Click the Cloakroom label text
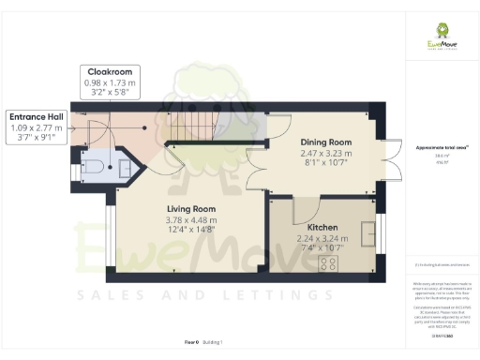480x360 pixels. click(x=111, y=71)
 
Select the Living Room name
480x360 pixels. click(x=191, y=208)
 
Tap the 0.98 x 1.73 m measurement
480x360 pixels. click(x=111, y=82)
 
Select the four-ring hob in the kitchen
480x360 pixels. click(x=328, y=263)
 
